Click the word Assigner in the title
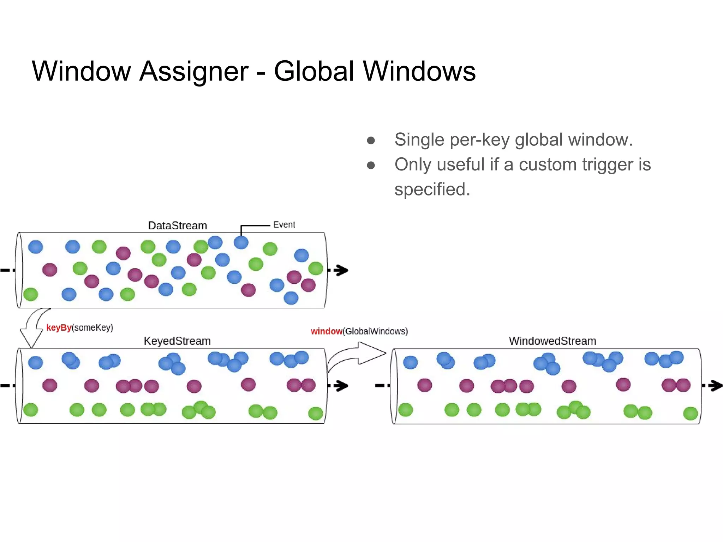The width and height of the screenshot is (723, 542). click(194, 72)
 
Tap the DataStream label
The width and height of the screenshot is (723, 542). click(177, 225)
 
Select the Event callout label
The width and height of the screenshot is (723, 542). click(284, 225)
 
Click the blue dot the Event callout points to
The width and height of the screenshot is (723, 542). click(241, 242)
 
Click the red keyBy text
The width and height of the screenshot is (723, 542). click(59, 327)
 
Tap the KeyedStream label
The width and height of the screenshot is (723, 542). click(177, 341)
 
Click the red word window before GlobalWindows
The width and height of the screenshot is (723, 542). click(326, 331)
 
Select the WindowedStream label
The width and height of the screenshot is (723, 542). click(552, 341)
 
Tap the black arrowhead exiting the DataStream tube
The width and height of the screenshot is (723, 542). click(341, 270)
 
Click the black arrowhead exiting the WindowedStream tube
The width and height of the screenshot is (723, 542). click(716, 385)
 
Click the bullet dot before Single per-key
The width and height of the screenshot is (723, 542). click(371, 140)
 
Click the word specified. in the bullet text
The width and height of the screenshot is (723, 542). click(432, 189)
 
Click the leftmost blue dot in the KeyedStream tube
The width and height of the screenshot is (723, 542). click(36, 362)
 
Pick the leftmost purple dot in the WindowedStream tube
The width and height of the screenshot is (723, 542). click(424, 385)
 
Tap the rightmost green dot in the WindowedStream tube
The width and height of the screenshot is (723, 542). click(690, 413)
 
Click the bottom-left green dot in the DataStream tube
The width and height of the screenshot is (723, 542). click(31, 294)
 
